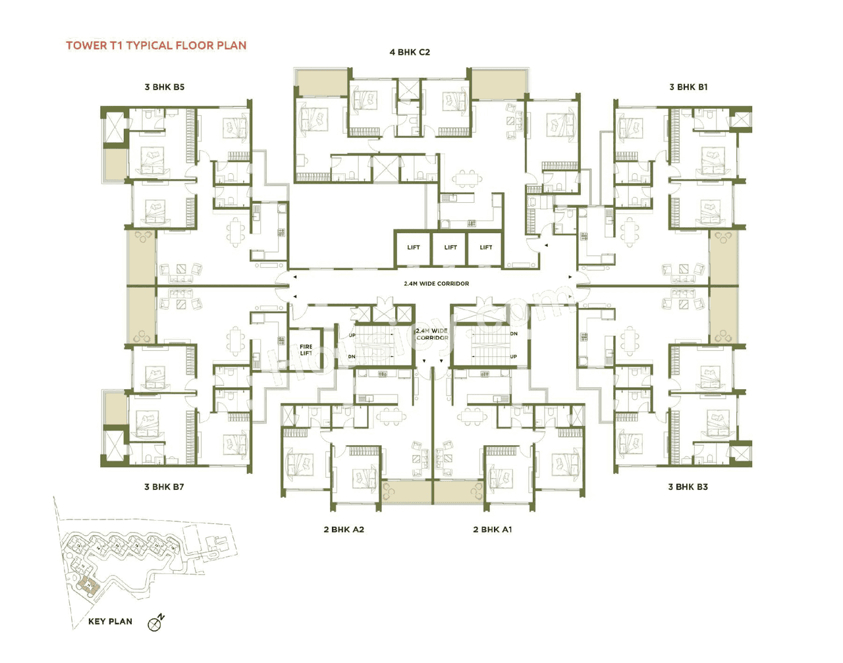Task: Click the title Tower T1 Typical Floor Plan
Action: (x=156, y=45)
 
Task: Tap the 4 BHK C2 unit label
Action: (x=410, y=52)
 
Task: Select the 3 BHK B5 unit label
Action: (x=165, y=87)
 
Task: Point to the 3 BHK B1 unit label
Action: (x=688, y=87)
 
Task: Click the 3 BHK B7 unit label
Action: (x=164, y=487)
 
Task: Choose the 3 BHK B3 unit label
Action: (x=688, y=487)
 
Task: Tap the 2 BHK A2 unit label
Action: (x=344, y=529)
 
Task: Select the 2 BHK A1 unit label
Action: (x=492, y=529)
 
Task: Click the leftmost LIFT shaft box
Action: (x=413, y=248)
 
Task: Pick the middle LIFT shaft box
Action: (x=450, y=248)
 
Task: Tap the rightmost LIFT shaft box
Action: (x=485, y=248)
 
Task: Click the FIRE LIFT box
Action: (x=306, y=350)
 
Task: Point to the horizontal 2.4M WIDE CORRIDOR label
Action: (x=436, y=284)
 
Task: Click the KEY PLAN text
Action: (x=110, y=621)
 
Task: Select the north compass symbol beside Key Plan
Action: (x=155, y=623)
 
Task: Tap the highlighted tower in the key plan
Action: (x=86, y=585)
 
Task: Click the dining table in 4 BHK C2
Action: (x=467, y=178)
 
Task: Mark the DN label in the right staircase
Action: (x=513, y=334)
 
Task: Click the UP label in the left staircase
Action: (x=352, y=335)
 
